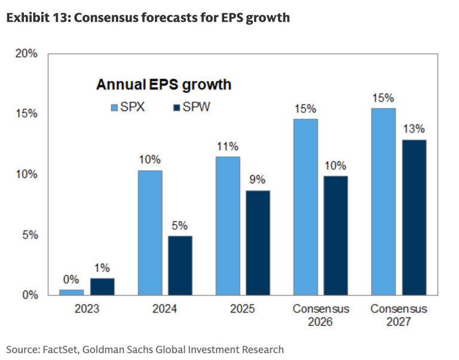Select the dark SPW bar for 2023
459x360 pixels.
102,287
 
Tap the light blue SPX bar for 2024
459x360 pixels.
150,232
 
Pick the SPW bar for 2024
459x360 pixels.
180,265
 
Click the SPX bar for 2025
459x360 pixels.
228,226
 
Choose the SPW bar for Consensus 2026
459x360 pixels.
335,235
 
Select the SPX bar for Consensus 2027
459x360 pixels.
383,201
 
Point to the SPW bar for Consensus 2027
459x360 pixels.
413,217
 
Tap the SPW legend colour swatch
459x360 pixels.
176,108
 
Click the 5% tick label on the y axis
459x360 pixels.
29,235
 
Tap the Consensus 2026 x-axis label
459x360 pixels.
320,315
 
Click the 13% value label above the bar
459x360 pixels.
413,128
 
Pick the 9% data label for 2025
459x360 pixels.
258,179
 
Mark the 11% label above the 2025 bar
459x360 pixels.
228,146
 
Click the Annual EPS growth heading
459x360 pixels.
164,85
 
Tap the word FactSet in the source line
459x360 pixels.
62,349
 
